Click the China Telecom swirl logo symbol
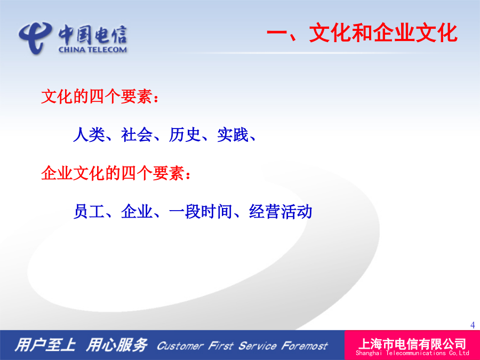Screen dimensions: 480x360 pyautogui.click(x=34, y=37)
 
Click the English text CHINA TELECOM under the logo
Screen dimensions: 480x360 pyautogui.click(x=92, y=50)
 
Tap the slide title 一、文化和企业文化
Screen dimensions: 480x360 pyautogui.click(x=362, y=33)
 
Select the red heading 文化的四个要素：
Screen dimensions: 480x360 pyautogui.click(x=100, y=97)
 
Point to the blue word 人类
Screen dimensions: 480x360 pyautogui.click(x=89, y=135)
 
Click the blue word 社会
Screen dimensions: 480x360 pyautogui.click(x=137, y=135)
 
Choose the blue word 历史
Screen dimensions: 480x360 pyautogui.click(x=185, y=135)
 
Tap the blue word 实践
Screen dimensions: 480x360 pyautogui.click(x=233, y=135)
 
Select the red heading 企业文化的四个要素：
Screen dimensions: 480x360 pyautogui.click(x=116, y=173)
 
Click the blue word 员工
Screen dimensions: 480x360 pyautogui.click(x=89, y=212)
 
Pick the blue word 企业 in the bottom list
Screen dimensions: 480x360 pyautogui.click(x=137, y=212)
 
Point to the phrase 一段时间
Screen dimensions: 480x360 pyautogui.click(x=201, y=212)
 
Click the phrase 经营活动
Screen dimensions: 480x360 pyautogui.click(x=281, y=212)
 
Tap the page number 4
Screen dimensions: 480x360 pyautogui.click(x=473, y=325)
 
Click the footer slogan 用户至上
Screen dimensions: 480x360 pyautogui.click(x=45, y=345)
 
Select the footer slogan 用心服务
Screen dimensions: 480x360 pyautogui.click(x=117, y=345)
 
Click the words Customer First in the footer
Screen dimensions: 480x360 pyautogui.click(x=195, y=346)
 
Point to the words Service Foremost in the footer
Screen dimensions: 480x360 pyautogui.click(x=283, y=346)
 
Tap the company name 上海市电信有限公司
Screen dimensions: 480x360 pyautogui.click(x=412, y=344)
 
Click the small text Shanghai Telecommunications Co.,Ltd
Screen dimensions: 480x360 pyautogui.click(x=412, y=353)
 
